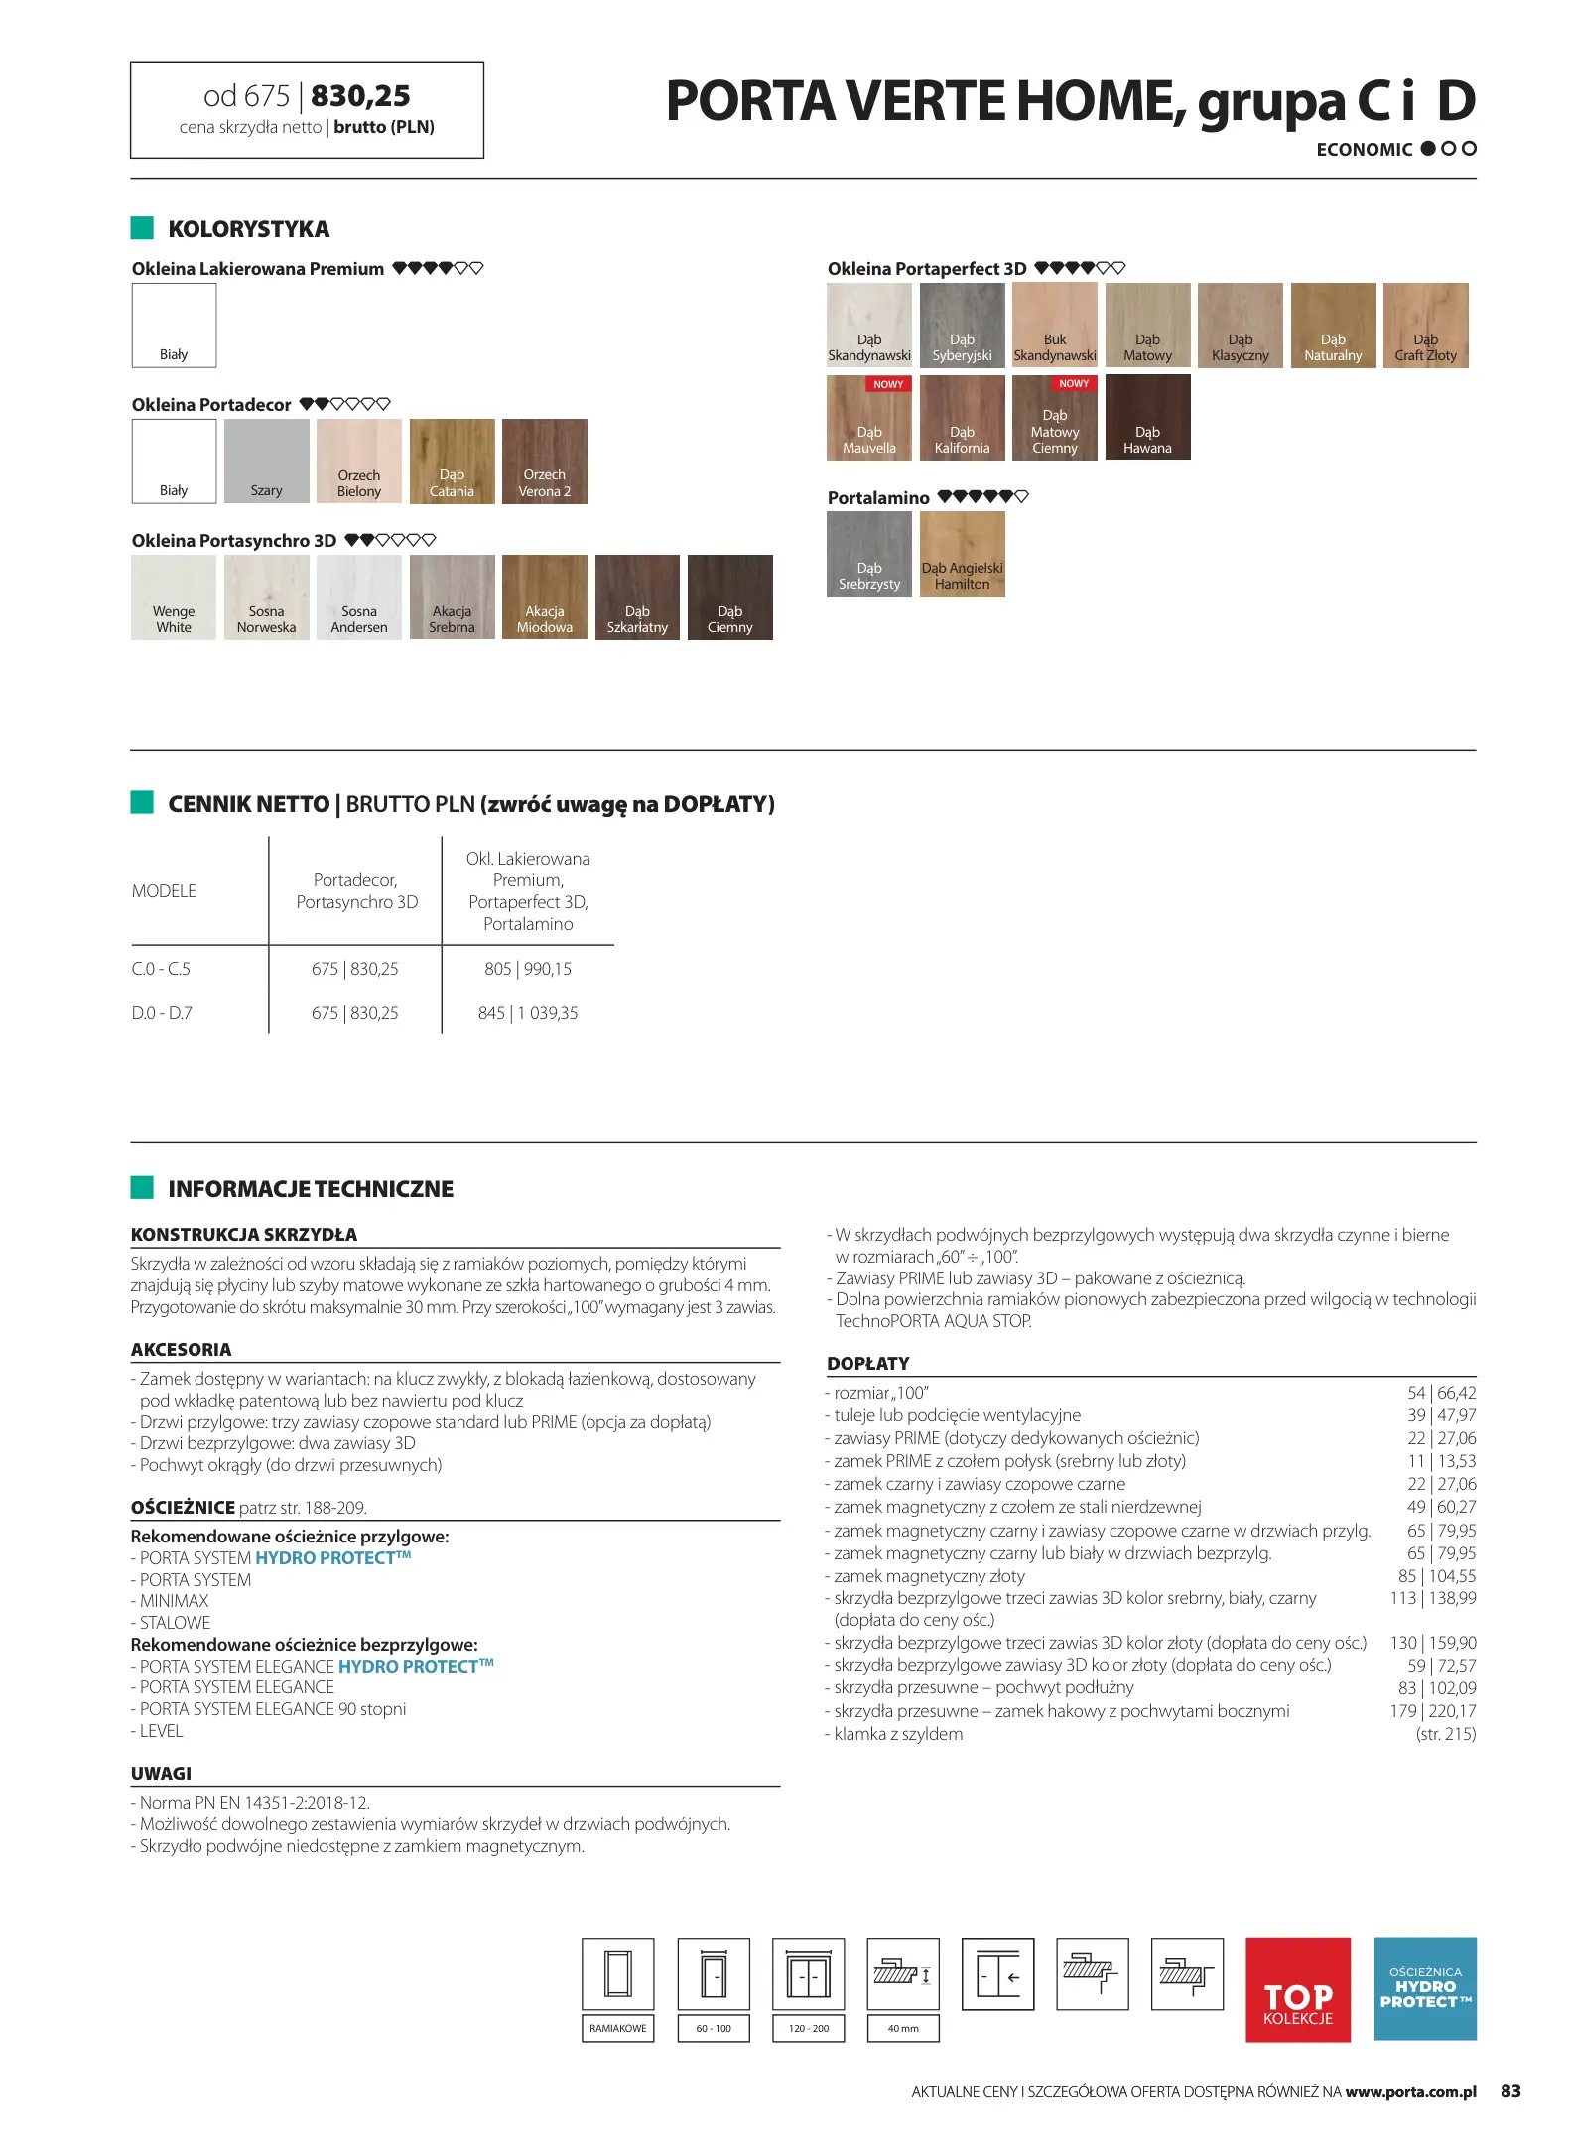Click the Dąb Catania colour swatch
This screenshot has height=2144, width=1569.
tap(452, 462)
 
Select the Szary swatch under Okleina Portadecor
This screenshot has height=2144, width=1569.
tap(266, 462)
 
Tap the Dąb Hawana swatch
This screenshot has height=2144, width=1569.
tap(1147, 417)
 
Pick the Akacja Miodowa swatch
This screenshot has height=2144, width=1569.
tap(544, 598)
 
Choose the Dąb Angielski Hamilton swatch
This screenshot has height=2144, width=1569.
tap(962, 554)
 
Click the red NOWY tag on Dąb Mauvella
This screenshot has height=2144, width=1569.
tap(888, 384)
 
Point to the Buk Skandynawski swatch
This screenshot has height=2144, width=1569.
tap(1055, 326)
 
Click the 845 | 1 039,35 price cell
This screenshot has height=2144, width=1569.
tap(528, 1013)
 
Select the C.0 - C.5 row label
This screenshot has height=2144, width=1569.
tap(161, 969)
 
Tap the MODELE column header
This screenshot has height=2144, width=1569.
tap(164, 891)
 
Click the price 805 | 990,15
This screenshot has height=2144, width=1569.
tap(528, 969)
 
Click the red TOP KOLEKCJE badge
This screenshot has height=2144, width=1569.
tap(1297, 1989)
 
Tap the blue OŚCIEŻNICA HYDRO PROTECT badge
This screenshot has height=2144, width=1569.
tap(1425, 1988)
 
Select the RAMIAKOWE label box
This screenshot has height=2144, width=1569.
tap(617, 2028)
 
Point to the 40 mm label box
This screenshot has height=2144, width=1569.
tap(902, 2028)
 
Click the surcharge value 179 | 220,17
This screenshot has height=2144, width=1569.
tap(1432, 1711)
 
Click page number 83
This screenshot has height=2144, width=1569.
tap(1510, 2091)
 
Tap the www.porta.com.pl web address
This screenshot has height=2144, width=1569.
tap(1410, 2092)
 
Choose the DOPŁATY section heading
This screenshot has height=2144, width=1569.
tap(868, 1364)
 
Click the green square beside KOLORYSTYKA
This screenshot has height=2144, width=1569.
tap(142, 228)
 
